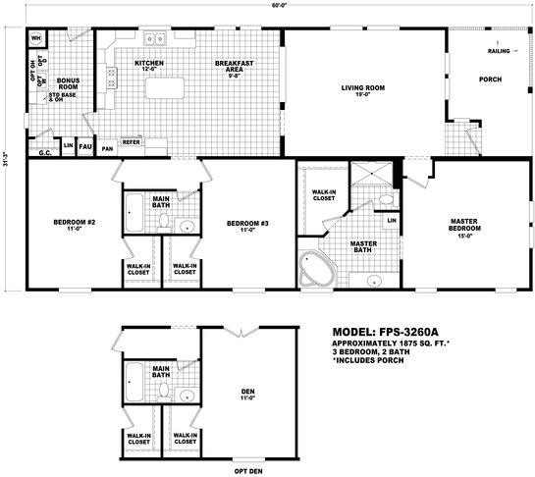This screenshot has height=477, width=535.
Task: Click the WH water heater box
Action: click(35, 40)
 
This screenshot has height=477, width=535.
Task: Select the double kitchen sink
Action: click(156, 40)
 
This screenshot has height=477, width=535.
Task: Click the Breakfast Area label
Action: click(234, 68)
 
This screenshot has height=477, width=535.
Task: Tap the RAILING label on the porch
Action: click(501, 48)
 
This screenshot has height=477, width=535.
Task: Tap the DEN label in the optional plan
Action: click(247, 397)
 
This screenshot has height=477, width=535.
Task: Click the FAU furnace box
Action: click(85, 146)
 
